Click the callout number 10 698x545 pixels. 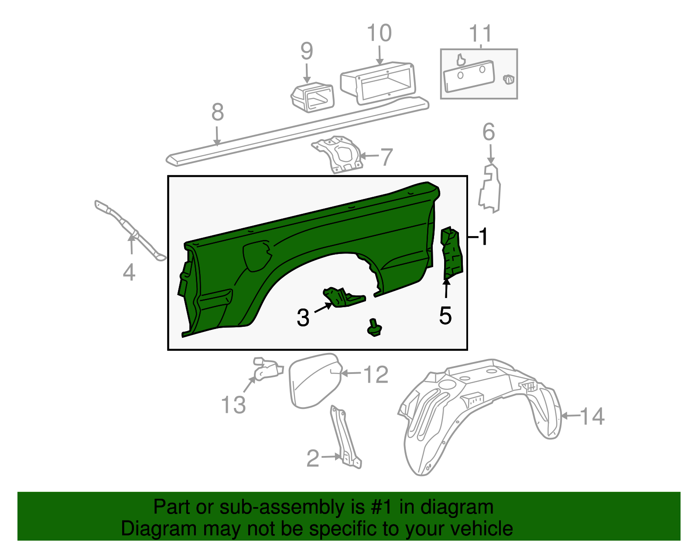pyautogui.click(x=379, y=33)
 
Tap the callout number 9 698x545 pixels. pyautogui.click(x=307, y=51)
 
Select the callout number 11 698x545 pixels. pyautogui.click(x=480, y=34)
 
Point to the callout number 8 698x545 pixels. pyautogui.click(x=218, y=112)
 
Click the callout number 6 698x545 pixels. pyautogui.click(x=489, y=132)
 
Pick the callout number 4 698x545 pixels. pyautogui.click(x=129, y=273)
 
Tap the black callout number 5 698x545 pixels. pyautogui.click(x=445, y=315)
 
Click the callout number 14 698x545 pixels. pyautogui.click(x=592, y=416)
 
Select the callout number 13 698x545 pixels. pyautogui.click(x=234, y=404)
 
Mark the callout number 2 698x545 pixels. pyautogui.click(x=313, y=458)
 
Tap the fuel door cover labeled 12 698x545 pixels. pyautogui.click(x=313, y=380)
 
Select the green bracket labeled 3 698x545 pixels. pyautogui.click(x=343, y=297)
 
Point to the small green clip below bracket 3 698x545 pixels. pyautogui.click(x=374, y=328)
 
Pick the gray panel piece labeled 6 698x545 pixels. pyautogui.click(x=490, y=189)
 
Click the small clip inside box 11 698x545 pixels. pyautogui.click(x=508, y=79)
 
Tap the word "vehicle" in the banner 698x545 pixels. pyautogui.click(x=481, y=528)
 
